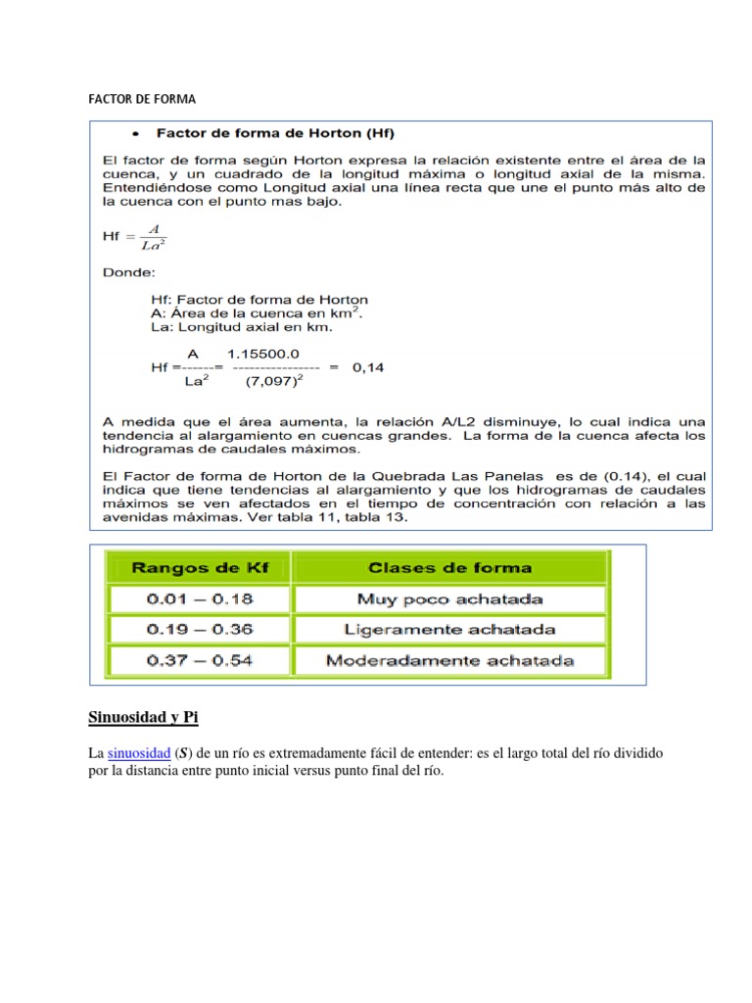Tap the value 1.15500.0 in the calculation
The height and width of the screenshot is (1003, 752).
pyautogui.click(x=262, y=353)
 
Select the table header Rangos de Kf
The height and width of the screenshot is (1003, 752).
pyautogui.click(x=199, y=567)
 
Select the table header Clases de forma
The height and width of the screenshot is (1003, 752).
pyautogui.click(x=449, y=567)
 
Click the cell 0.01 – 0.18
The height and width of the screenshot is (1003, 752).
pyautogui.click(x=199, y=598)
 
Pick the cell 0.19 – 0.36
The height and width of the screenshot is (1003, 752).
pyautogui.click(x=199, y=630)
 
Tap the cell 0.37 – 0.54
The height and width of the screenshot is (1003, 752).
pyautogui.click(x=199, y=661)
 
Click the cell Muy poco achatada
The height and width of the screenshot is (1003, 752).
pyautogui.click(x=449, y=598)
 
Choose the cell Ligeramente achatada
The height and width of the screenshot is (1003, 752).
pyautogui.click(x=449, y=630)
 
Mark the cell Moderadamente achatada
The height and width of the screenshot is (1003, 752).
pyautogui.click(x=449, y=661)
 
